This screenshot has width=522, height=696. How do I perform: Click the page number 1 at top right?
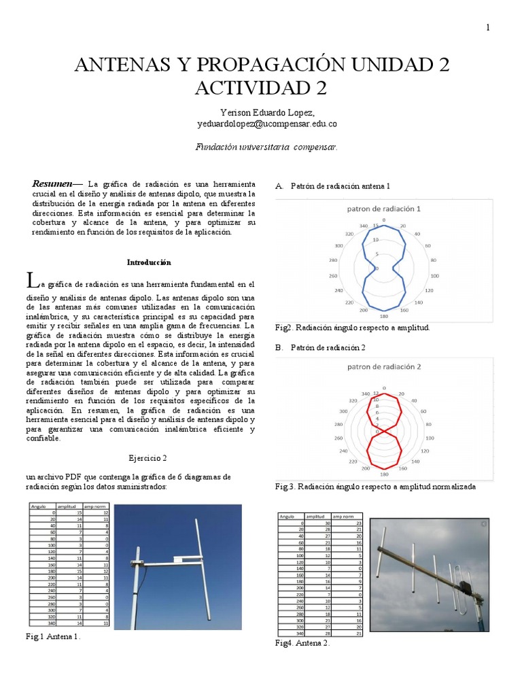[487, 27]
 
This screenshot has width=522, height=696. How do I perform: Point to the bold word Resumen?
[54, 184]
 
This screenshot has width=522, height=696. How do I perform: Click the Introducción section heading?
[149, 262]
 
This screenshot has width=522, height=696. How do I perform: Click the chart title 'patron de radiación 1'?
[384, 209]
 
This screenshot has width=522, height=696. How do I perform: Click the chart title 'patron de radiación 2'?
[385, 366]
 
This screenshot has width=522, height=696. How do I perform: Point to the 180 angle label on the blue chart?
[384, 316]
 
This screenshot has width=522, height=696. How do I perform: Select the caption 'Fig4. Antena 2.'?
[302, 643]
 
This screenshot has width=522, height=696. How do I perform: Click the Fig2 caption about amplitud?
[352, 328]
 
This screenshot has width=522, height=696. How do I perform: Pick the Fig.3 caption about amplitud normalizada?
[375, 487]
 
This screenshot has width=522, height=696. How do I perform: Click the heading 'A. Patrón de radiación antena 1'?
[333, 186]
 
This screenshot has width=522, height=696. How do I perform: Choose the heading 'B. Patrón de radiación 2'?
[321, 347]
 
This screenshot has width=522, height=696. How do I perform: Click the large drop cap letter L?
[29, 280]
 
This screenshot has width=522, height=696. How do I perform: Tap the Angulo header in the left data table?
[38, 506]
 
